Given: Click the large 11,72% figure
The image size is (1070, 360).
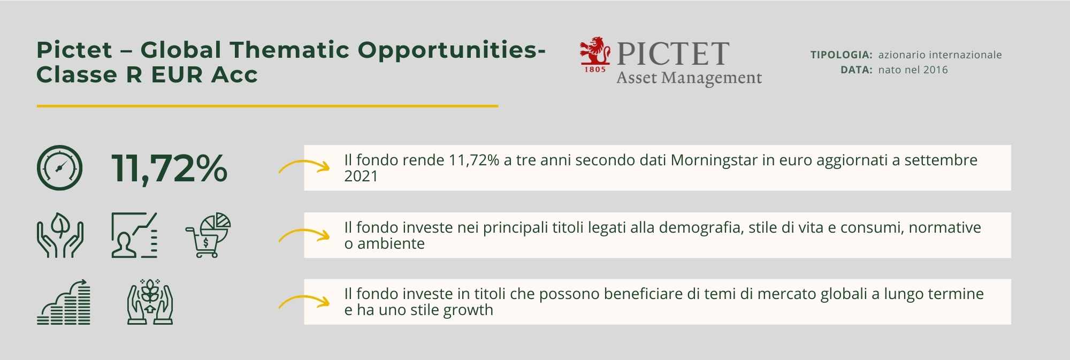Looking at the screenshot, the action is [x=170, y=168].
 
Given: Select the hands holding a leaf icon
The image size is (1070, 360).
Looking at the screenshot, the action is [x=60, y=235].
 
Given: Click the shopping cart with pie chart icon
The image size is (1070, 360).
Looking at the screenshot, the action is [x=208, y=235].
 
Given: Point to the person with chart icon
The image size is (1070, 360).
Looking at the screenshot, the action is [x=134, y=235].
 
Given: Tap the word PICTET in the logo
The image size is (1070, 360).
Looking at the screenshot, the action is [x=673, y=53].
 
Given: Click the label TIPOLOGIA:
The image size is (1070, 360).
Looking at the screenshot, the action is [x=841, y=55].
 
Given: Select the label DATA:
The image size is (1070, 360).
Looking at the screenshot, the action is [x=856, y=70].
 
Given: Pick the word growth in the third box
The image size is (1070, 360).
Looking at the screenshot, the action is [x=464, y=310].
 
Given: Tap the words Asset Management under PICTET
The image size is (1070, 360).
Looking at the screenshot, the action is [x=689, y=78].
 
